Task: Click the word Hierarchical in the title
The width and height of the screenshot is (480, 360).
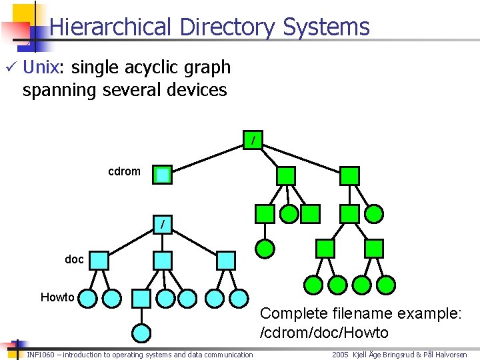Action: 110,27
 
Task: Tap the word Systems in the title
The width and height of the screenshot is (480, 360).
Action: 325,27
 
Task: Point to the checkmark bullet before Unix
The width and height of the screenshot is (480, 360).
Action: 9,67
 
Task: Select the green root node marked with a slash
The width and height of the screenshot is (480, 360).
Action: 253,141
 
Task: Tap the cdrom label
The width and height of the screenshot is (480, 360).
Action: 124,171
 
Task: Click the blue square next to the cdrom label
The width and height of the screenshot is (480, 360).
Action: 163,175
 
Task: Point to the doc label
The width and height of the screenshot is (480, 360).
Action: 74,259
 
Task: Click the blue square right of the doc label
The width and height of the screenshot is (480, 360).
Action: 99,260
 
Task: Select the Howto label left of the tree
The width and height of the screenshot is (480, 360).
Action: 57,297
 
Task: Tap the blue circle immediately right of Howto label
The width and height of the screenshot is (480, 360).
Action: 89,298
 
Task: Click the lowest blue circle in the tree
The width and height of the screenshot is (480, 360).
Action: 141,332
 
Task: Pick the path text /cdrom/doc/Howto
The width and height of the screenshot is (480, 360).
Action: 324,333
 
